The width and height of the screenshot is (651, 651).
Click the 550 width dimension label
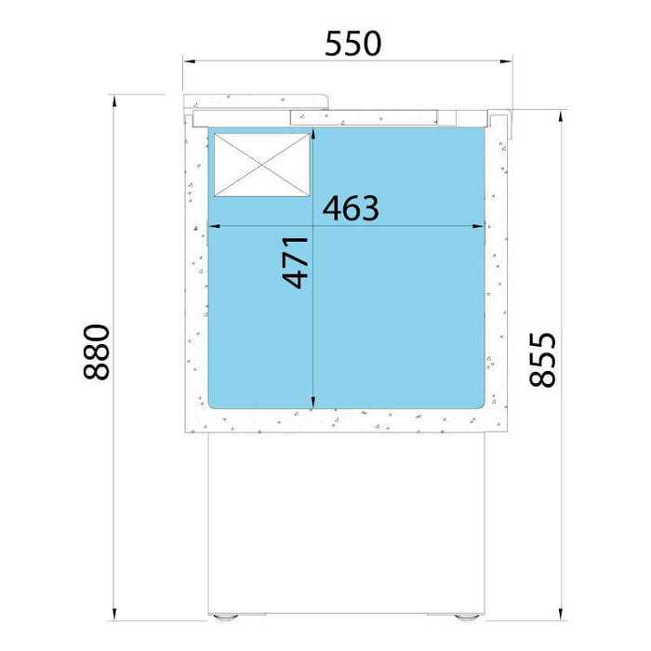(352, 44)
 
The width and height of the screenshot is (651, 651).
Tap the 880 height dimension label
(97, 352)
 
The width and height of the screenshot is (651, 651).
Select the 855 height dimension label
(542, 360)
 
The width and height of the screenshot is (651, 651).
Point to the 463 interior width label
(351, 208)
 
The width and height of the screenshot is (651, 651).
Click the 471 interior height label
(295, 263)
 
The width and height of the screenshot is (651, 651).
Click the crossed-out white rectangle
(262, 165)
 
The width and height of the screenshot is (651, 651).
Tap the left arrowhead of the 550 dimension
(189, 61)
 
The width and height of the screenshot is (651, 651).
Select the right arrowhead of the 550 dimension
(506, 61)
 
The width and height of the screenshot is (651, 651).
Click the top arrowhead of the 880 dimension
(114, 100)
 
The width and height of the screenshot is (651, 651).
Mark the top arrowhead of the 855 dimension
(561, 116)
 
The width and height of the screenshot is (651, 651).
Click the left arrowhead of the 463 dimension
(214, 226)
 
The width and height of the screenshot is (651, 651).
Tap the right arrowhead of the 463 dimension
(478, 226)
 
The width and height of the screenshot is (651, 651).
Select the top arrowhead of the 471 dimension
(313, 134)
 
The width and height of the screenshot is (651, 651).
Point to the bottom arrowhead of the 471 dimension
(313, 403)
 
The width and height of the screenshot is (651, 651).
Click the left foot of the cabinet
(225, 617)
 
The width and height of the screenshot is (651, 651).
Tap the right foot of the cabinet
(467, 617)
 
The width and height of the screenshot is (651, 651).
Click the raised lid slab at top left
(256, 102)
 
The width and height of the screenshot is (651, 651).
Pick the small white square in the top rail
(447, 117)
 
